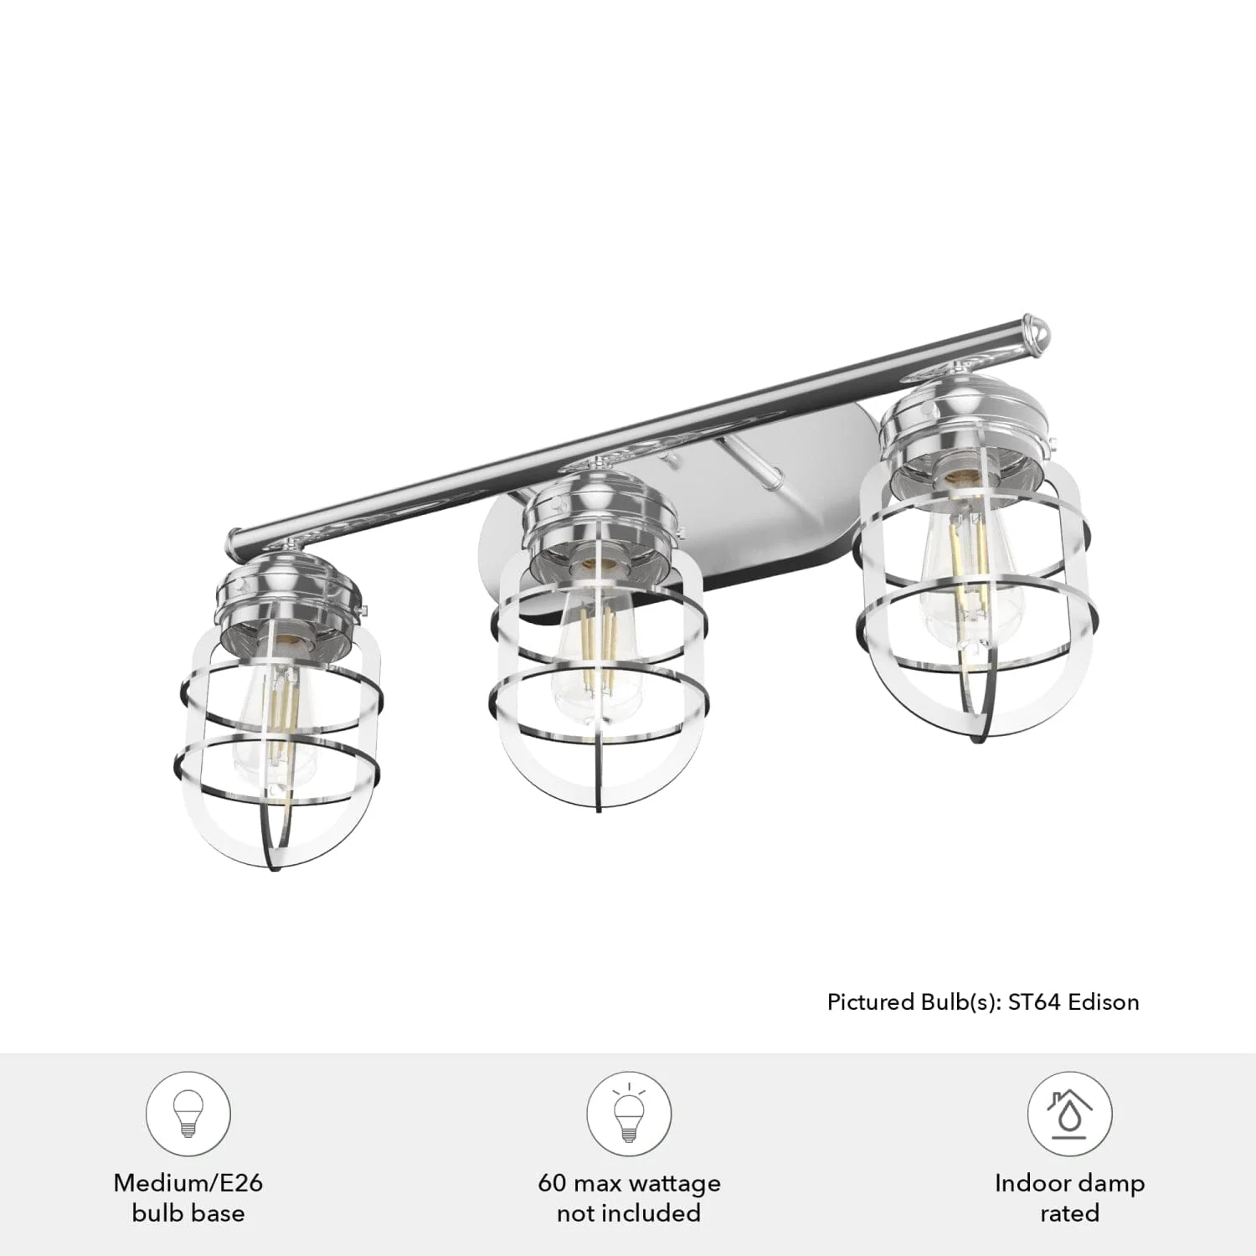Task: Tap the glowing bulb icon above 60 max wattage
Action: click(x=628, y=1114)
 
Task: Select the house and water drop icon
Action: click(x=1069, y=1114)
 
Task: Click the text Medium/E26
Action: click(x=188, y=1183)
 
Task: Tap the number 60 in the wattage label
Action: click(x=552, y=1183)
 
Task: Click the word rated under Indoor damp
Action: click(x=1069, y=1213)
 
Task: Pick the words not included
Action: click(x=628, y=1213)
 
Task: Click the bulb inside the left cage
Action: click(x=276, y=720)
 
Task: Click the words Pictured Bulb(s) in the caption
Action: click(x=912, y=1002)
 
